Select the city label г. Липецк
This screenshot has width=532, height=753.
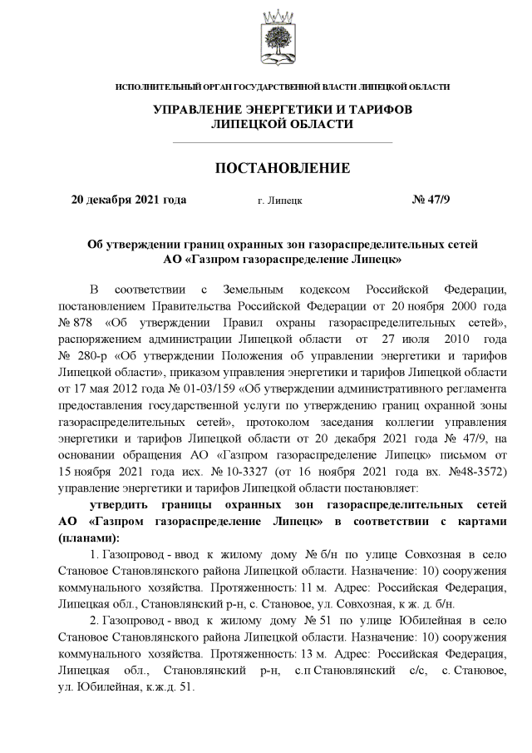pos(280,201)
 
